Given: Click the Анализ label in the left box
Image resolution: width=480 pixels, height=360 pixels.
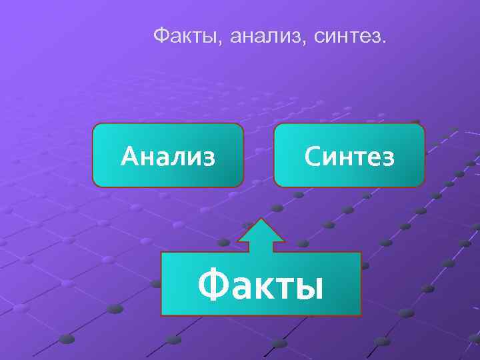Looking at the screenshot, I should pos(168,157).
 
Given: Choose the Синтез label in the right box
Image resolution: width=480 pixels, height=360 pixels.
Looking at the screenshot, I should pos(349,157).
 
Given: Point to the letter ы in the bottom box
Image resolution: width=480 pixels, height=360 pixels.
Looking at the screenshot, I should pos(309,288).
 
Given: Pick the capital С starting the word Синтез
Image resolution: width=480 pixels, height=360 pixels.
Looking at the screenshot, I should pos(313,157).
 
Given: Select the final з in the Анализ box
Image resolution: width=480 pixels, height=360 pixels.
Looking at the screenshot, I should pos(209,159).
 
